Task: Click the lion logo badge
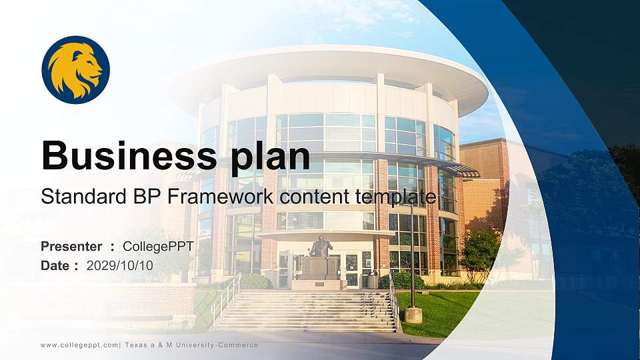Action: point(75,70)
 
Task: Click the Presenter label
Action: point(71,247)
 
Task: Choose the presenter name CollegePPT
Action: point(158,247)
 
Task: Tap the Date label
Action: point(55,265)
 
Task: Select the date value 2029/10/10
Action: point(120,265)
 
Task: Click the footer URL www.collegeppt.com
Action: point(80,345)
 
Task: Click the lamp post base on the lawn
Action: point(413,315)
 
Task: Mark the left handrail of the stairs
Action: point(226,296)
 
